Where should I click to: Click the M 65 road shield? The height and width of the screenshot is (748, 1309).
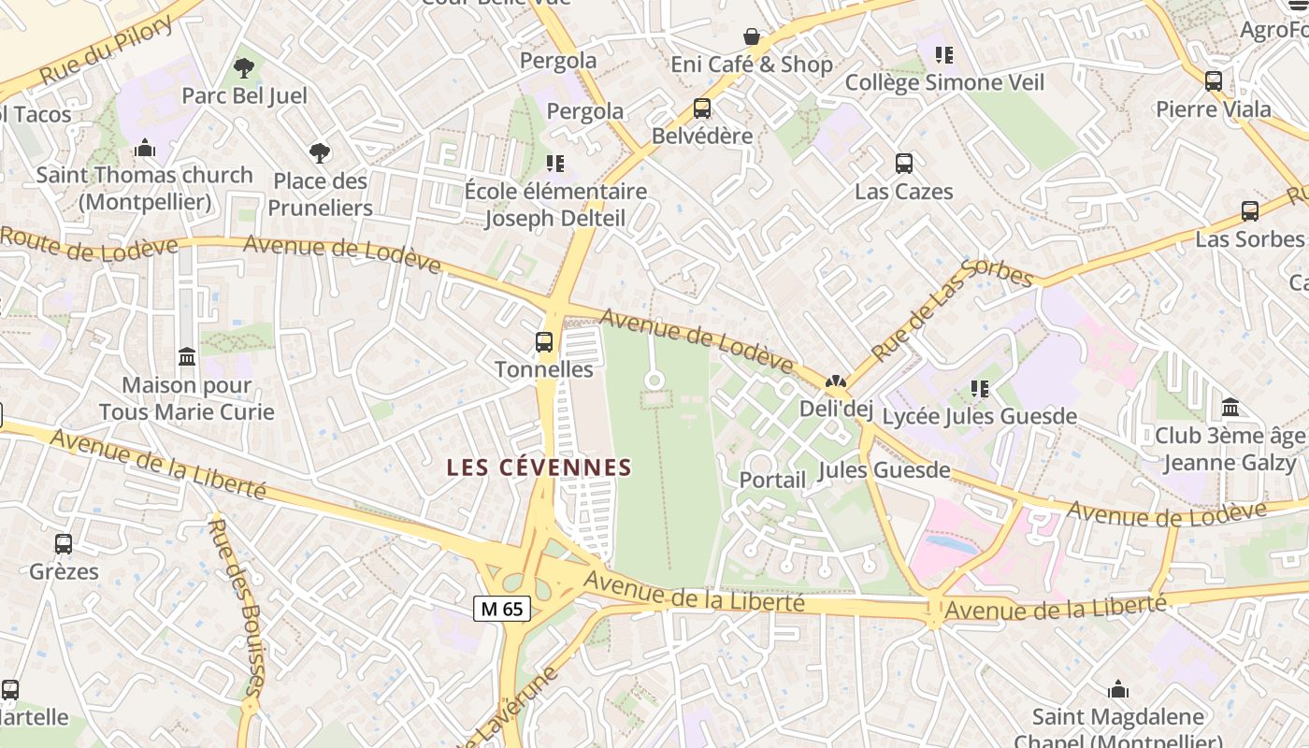[x=502, y=609]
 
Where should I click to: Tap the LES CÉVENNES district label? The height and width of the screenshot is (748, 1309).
[x=539, y=467]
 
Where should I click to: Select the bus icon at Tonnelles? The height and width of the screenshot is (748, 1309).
[x=544, y=342]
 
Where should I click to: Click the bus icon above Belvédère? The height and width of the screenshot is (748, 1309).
[x=702, y=108]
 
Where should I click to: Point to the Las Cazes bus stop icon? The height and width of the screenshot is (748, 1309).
[x=904, y=164]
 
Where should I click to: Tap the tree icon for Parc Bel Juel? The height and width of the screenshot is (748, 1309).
[x=244, y=68]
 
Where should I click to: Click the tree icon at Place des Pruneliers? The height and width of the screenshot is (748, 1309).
[x=320, y=152]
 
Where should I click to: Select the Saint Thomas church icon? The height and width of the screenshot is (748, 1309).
[x=145, y=148]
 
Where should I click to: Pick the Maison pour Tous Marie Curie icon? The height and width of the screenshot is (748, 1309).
[x=187, y=357]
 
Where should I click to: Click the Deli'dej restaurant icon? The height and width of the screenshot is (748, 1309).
[x=835, y=381]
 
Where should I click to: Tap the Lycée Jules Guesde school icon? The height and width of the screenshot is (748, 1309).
[x=980, y=388]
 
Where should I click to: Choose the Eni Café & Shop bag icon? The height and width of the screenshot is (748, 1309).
[x=752, y=36]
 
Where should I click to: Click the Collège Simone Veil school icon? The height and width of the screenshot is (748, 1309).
[x=944, y=55]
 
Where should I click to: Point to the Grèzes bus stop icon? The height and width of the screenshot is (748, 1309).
[x=64, y=543]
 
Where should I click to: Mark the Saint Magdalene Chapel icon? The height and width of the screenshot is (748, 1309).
[x=1118, y=690]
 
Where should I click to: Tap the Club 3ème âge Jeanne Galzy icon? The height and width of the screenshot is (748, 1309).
[x=1230, y=408]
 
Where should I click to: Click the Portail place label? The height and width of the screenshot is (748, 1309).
[x=772, y=480]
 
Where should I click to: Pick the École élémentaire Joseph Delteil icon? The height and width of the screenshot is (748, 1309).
[x=555, y=164]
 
